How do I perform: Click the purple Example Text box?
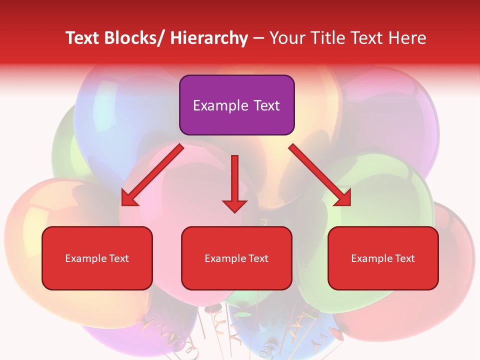tap(236, 105)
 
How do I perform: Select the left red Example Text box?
tap(97, 258)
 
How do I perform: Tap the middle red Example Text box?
tap(236, 258)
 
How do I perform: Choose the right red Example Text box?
tap(383, 258)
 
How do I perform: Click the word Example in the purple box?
tap(220, 105)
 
